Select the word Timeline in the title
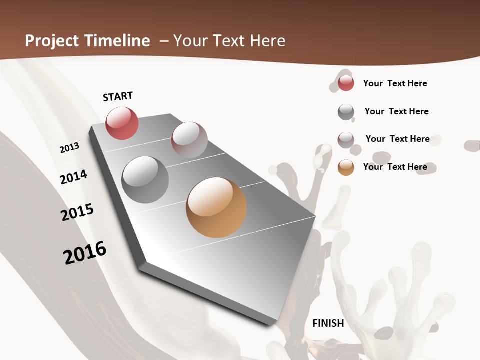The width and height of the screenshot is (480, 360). pos(119,41)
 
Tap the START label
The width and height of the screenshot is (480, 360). pos(118,96)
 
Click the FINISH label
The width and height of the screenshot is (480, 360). pos(328,323)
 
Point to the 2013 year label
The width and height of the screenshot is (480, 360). pos(69,148)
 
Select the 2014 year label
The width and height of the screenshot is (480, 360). pos(74,177)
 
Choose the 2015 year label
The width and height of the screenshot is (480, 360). pos(77,212)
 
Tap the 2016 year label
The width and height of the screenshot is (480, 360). pos(85,252)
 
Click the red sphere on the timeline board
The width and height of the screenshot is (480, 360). pos(122,123)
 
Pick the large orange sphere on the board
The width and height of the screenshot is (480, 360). pos(216,207)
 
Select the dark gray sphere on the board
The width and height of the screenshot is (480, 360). pos(145,180)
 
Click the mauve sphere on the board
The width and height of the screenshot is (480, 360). pos(189,140)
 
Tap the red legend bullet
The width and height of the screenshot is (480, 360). pos(346,83)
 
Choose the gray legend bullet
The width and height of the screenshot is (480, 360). pos(346,112)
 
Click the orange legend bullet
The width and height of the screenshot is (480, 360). pos(346,167)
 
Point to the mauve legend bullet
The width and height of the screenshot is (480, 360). pos(346,140)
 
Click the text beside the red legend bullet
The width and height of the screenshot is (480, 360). pos(395,83)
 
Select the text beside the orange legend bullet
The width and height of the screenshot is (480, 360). pos(395,167)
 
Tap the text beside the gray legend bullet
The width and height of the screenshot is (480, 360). pos(396,111)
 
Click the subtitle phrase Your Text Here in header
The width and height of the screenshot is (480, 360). pos(229,41)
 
